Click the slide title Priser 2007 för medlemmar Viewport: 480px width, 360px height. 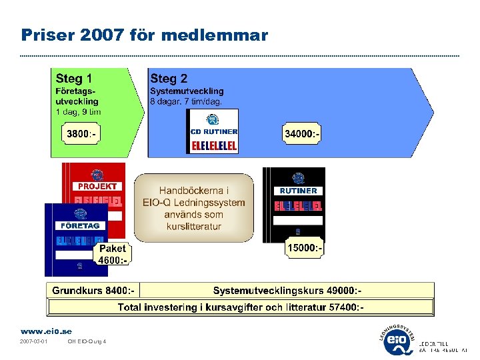pos(144,35)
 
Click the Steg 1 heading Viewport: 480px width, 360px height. pos(74,79)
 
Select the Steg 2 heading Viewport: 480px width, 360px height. pos(169,79)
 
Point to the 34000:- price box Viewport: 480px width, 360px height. pos(302,134)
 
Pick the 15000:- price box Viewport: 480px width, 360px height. pos(305,249)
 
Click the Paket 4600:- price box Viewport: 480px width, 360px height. pos(112,254)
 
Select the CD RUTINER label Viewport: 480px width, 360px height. pos(213,132)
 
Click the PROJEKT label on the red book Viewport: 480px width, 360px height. pos(97,187)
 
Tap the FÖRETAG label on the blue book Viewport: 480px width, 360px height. pos(80,226)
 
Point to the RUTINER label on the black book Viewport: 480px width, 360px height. pos(298,191)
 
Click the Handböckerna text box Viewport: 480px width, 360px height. pos(194,208)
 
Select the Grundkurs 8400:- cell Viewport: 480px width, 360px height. pos(94,291)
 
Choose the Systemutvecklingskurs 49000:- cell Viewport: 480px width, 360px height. pos(287,291)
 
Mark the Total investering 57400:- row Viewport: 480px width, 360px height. pos(241,307)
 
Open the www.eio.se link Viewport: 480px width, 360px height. pos(46,331)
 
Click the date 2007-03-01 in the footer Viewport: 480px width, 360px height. pos(33,342)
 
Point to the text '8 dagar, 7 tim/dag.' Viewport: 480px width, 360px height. pos(186,102)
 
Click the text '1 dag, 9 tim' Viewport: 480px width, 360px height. pos(78,112)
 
